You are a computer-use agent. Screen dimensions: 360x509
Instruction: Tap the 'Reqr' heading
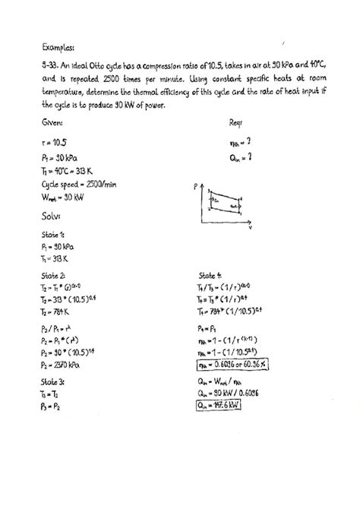(x=236, y=122)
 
